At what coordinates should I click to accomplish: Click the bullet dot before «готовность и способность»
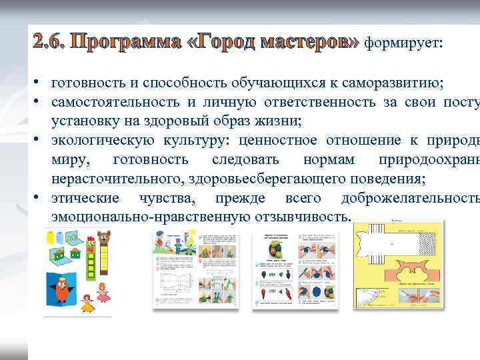coord(40,83)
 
